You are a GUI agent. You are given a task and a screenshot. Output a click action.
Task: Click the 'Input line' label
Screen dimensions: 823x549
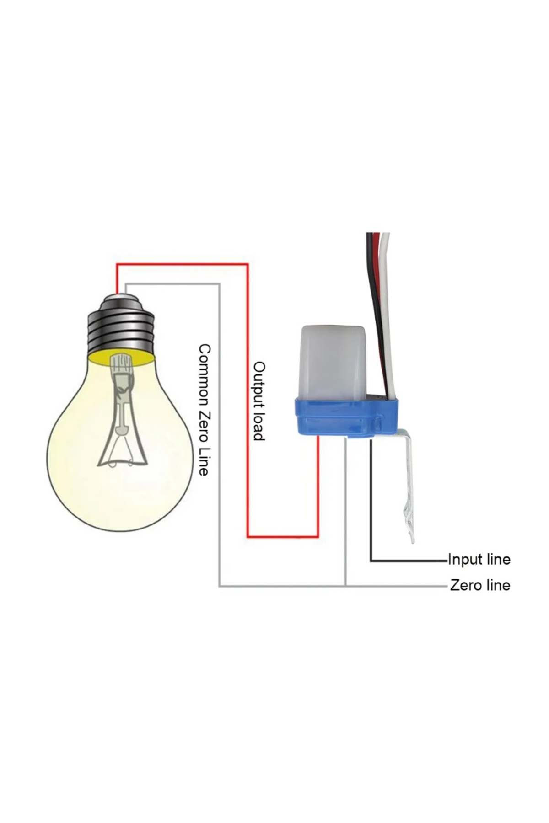coord(479,559)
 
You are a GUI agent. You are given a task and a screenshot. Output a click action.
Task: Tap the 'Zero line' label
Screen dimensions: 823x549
coord(480,585)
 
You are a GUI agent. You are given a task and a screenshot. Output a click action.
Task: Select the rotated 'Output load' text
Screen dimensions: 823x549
coord(259,401)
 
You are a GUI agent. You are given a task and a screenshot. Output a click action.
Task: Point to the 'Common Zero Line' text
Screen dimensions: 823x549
coord(204,410)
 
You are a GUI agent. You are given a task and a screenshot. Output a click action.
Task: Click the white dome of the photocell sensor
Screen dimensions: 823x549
coord(333,361)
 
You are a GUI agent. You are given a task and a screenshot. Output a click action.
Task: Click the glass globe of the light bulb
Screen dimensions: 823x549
coord(78,457)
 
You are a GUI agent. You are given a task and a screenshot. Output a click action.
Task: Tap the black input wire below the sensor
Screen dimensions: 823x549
coord(371,503)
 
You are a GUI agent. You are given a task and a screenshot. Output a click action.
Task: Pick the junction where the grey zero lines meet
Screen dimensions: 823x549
coord(346,586)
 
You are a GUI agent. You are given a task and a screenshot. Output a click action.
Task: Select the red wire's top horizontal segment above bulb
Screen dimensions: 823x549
coord(183,264)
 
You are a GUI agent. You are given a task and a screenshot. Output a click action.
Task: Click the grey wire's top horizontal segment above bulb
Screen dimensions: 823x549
coord(174,284)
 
